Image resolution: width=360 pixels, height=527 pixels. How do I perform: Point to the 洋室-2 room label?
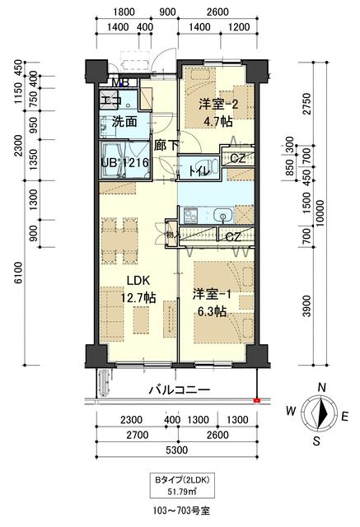[x=217, y=105]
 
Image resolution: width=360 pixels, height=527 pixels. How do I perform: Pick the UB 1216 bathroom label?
[x=124, y=162]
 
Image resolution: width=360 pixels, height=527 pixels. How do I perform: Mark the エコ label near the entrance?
[x=110, y=100]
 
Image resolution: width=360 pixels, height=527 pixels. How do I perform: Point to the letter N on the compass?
[x=323, y=388]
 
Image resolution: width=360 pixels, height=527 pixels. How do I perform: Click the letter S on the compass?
[x=316, y=440]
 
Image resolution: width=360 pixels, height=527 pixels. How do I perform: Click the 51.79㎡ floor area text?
[x=180, y=492]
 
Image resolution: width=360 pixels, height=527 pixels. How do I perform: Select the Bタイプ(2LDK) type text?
[x=180, y=479]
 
